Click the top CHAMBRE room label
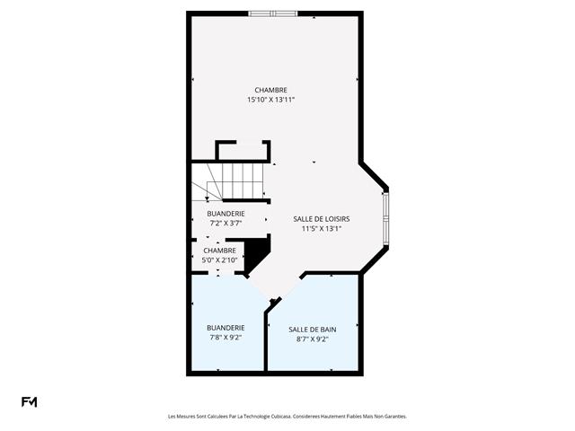(x=270, y=90)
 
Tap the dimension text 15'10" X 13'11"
(x=270, y=100)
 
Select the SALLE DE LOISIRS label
(x=321, y=219)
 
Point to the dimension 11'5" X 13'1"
(x=321, y=229)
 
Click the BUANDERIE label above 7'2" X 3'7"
(x=226, y=214)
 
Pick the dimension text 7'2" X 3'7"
(x=226, y=223)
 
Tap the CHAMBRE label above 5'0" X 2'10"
(x=219, y=251)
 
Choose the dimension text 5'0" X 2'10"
(x=219, y=260)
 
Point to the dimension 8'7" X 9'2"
(x=312, y=339)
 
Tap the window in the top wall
(x=273, y=13)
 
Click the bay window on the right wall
(x=386, y=220)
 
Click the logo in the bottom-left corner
(x=29, y=401)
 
